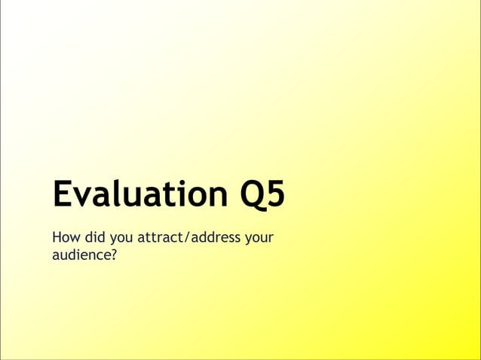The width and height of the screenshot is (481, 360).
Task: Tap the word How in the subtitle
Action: click(x=65, y=239)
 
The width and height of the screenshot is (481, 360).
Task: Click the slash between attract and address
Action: click(x=191, y=239)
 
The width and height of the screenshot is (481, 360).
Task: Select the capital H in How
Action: click(x=57, y=239)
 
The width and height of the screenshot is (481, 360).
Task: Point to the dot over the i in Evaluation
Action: click(x=179, y=182)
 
